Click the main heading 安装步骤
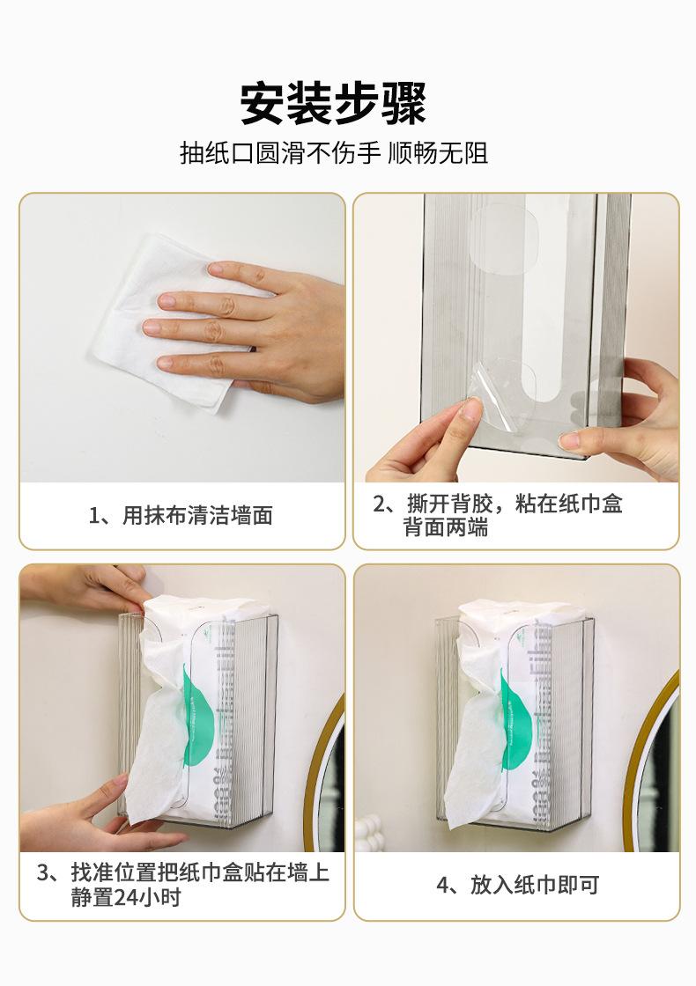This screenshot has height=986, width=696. click(333, 103)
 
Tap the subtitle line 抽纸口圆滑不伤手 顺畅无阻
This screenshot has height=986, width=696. click(334, 153)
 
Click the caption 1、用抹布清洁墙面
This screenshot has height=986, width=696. click(181, 516)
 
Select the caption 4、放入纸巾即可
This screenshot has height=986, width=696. click(517, 885)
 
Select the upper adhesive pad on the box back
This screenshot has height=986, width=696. click(504, 239)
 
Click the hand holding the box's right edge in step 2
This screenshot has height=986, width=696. click(629, 418)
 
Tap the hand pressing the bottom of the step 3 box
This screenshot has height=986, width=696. click(94, 818)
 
